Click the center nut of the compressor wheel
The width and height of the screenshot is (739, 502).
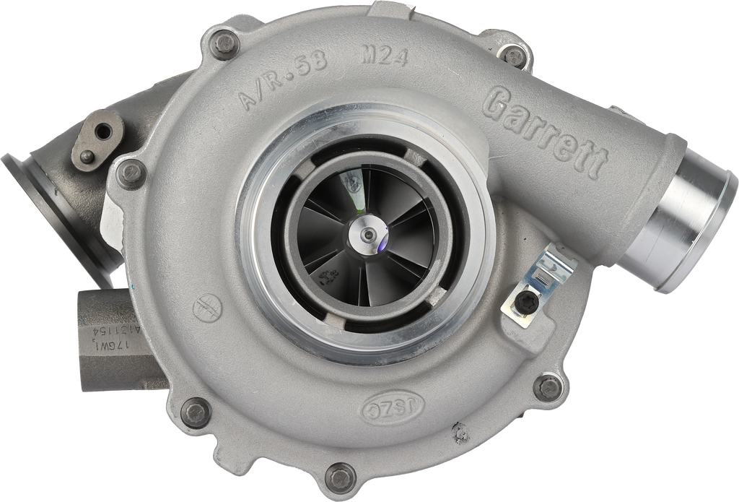pyautogui.click(x=368, y=234)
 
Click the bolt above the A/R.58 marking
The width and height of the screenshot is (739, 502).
pyautogui.click(x=222, y=43)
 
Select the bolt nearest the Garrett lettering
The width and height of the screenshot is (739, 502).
pyautogui.click(x=515, y=55)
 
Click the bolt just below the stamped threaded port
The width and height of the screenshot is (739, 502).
pyautogui.click(x=195, y=412)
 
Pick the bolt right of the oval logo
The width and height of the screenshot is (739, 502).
pyautogui.click(x=548, y=386)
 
